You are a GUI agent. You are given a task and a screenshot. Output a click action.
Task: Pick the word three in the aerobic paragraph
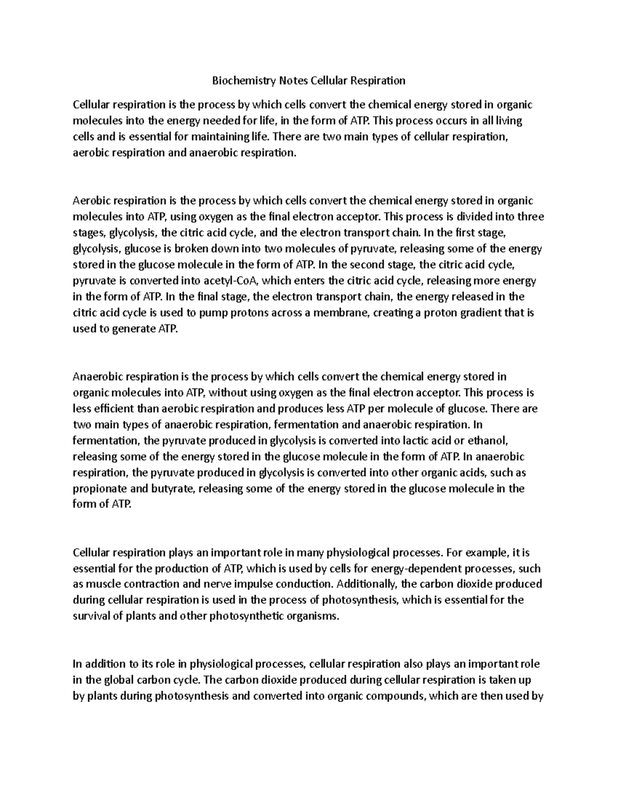[x=530, y=216]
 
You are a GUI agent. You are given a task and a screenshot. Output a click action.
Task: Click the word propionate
[x=96, y=489]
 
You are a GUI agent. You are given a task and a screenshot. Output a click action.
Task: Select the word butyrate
[x=166, y=489]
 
